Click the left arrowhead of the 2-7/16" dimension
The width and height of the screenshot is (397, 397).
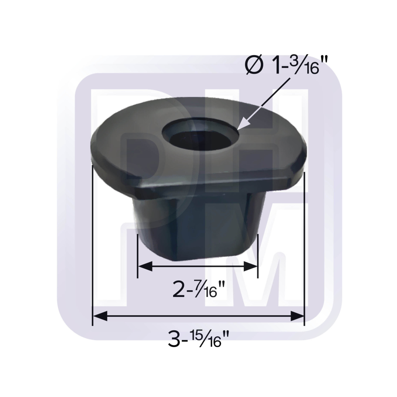pyautogui.click(x=144, y=266)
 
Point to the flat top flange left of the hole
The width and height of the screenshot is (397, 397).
pyautogui.click(x=127, y=147)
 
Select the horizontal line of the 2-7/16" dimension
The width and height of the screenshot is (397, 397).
pyautogui.click(x=197, y=266)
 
